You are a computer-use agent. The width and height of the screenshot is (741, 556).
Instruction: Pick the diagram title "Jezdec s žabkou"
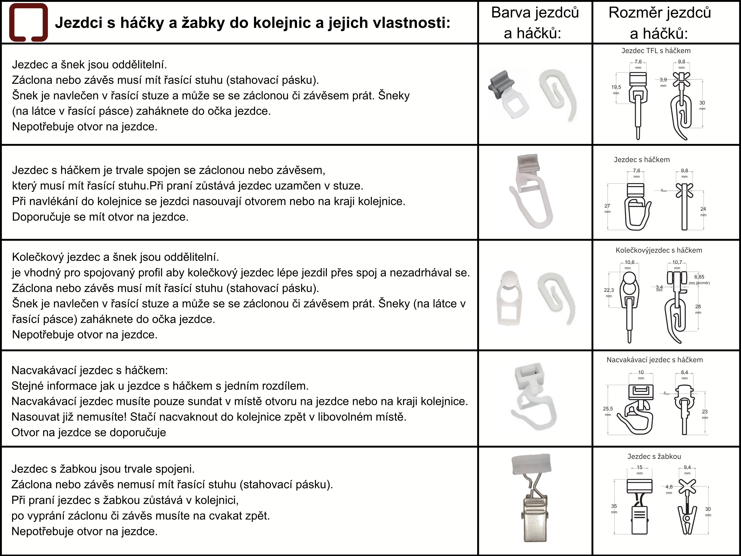(x=654, y=457)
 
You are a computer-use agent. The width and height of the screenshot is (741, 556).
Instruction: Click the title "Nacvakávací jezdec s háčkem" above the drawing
(x=655, y=360)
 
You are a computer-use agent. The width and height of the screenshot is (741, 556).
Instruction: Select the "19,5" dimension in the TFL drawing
(x=616, y=87)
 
